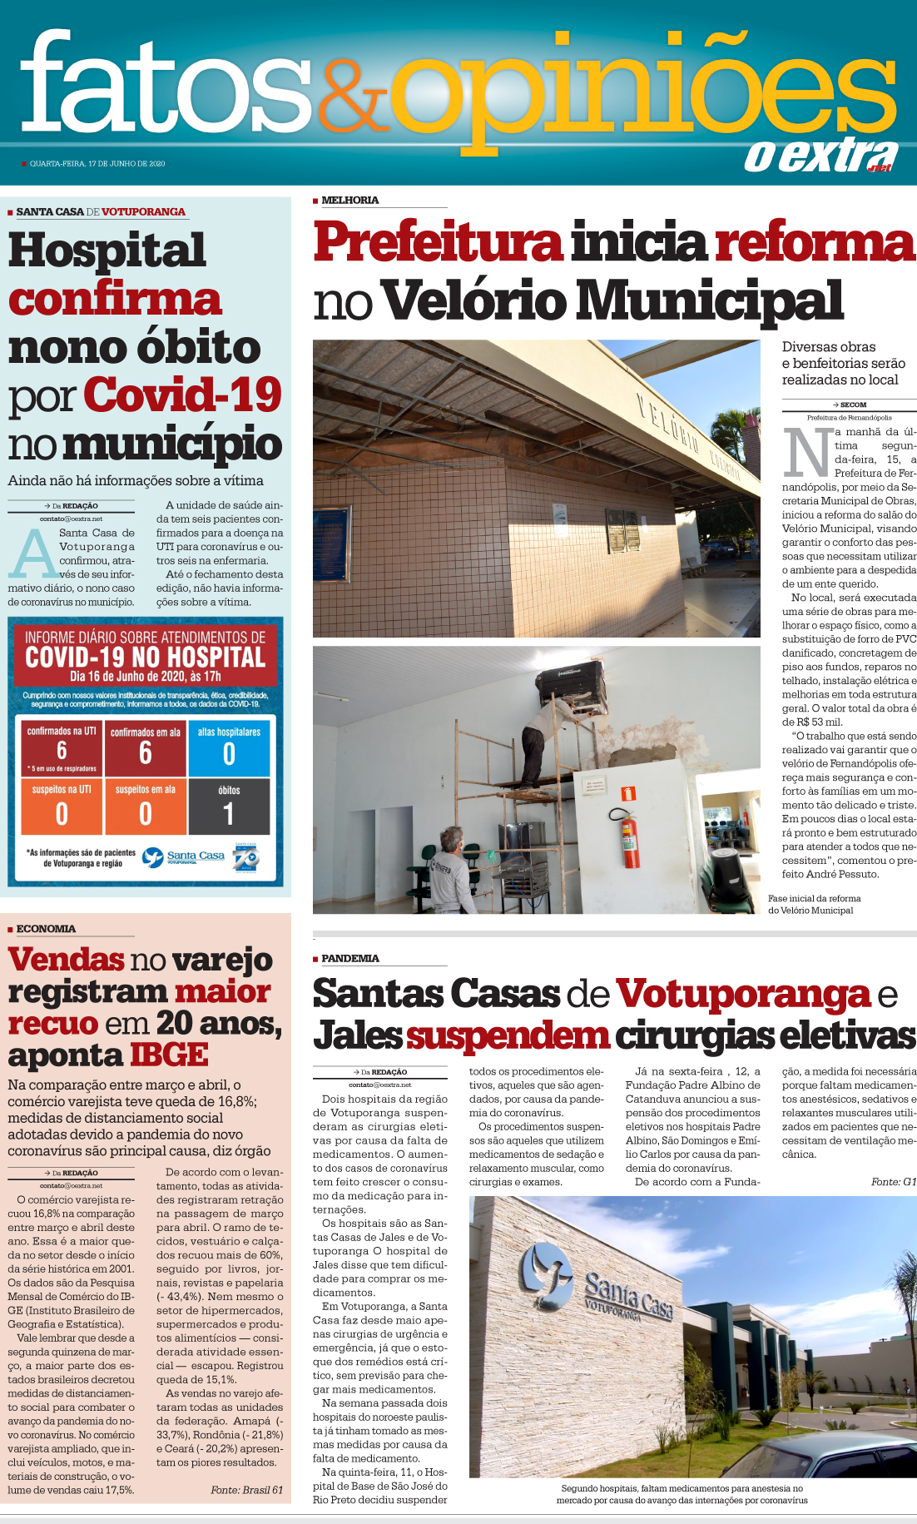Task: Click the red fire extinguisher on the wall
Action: pos(631,838)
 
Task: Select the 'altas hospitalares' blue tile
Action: pos(229,747)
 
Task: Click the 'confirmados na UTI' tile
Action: pos(62,747)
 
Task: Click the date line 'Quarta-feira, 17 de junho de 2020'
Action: pos(97,164)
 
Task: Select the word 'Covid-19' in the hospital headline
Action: pos(182,395)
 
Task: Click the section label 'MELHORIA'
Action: pos(349,201)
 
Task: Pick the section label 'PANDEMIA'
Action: pos(349,959)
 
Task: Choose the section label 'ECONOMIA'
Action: pos(46,929)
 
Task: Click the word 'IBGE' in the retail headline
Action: pos(168,1055)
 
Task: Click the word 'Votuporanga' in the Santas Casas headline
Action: pos(743,994)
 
